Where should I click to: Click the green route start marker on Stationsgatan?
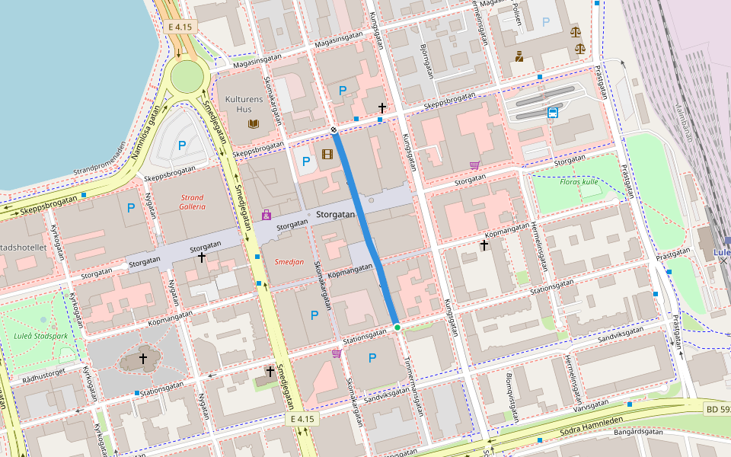tap(397, 328)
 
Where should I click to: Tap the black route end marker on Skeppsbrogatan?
tap(334, 131)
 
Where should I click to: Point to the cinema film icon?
tap(327, 155)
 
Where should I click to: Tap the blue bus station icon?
tap(552, 113)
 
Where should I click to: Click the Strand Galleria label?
tap(192, 202)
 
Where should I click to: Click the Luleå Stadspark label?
tap(40, 336)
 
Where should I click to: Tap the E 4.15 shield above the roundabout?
tap(180, 27)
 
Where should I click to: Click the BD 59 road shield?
tap(717, 410)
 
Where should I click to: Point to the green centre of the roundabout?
tap(187, 77)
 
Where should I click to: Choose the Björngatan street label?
tap(426, 62)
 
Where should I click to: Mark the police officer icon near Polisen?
tap(519, 56)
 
